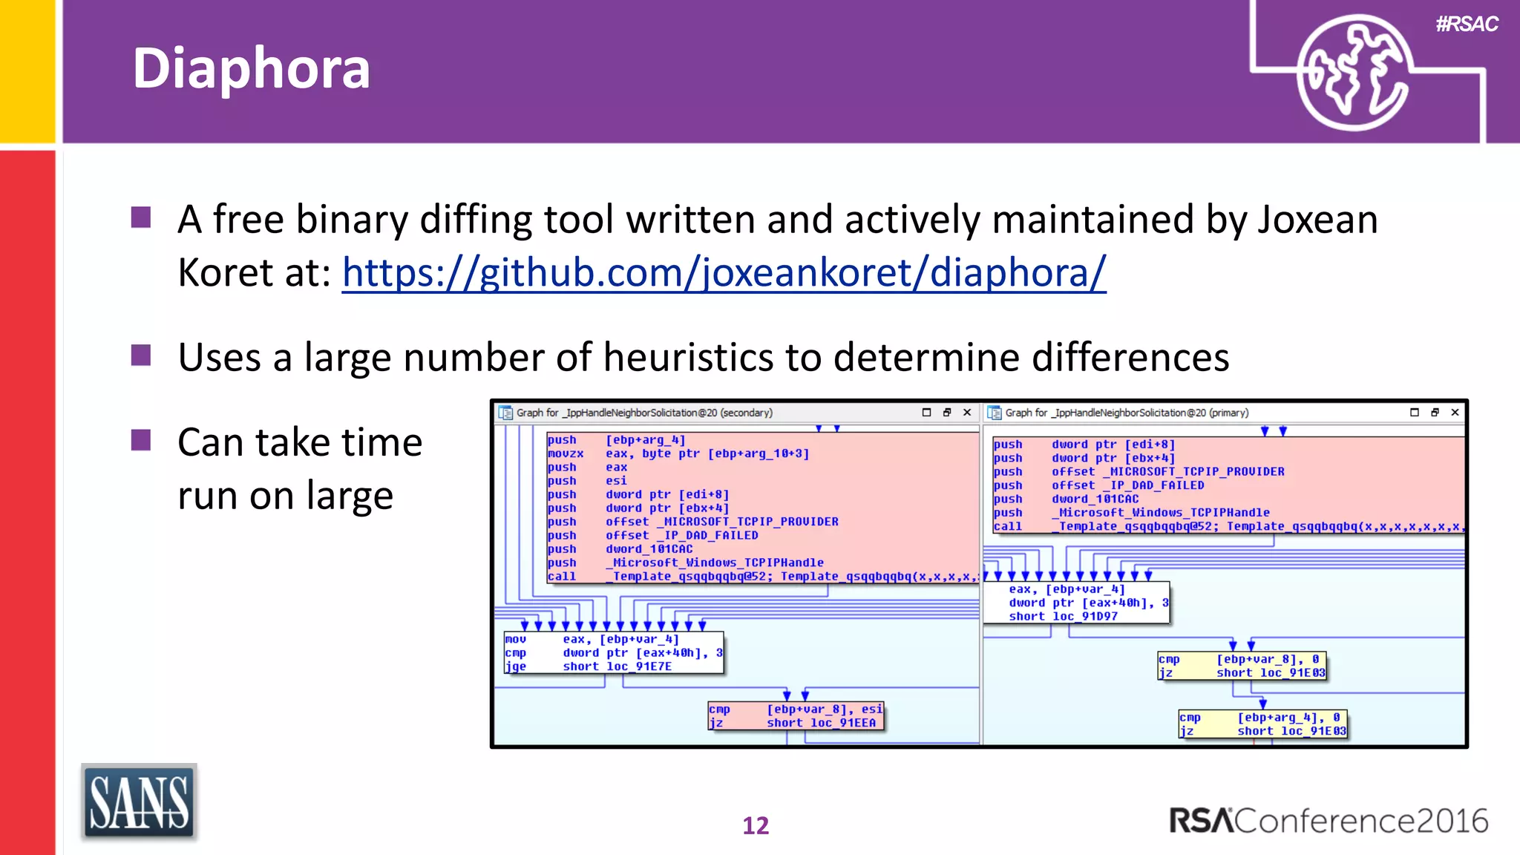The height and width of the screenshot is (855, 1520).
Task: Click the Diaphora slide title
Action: pyautogui.click(x=251, y=68)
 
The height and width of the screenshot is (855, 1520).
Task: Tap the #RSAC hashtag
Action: pyautogui.click(x=1467, y=24)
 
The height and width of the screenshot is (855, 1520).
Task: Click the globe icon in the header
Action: pyautogui.click(x=1352, y=73)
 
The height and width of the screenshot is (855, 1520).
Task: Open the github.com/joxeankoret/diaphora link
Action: pyautogui.click(x=724, y=272)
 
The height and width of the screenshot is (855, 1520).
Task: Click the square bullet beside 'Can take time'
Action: pyautogui.click(x=141, y=441)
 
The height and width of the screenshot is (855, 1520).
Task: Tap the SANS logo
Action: pyautogui.click(x=139, y=802)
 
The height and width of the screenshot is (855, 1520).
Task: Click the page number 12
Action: pyautogui.click(x=756, y=825)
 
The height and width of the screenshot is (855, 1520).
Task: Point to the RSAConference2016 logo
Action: pyautogui.click(x=1329, y=821)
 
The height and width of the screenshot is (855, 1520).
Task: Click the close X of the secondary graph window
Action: pyautogui.click(x=967, y=413)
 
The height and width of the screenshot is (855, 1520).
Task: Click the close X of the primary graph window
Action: pyautogui.click(x=1455, y=413)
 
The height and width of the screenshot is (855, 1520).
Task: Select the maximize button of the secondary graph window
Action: pyautogui.click(x=926, y=413)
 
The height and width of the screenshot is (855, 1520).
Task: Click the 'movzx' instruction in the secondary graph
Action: pyautogui.click(x=566, y=453)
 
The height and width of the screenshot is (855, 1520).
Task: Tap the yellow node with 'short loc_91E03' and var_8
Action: pyautogui.click(x=1242, y=666)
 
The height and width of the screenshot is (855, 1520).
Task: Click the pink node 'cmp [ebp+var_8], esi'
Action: pyautogui.click(x=796, y=715)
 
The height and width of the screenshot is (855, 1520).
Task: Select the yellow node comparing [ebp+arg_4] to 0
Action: pyautogui.click(x=1262, y=724)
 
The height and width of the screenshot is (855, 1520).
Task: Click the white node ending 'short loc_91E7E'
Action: pyautogui.click(x=613, y=652)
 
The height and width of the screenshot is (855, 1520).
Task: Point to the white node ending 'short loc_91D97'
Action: pyautogui.click(x=1076, y=603)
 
